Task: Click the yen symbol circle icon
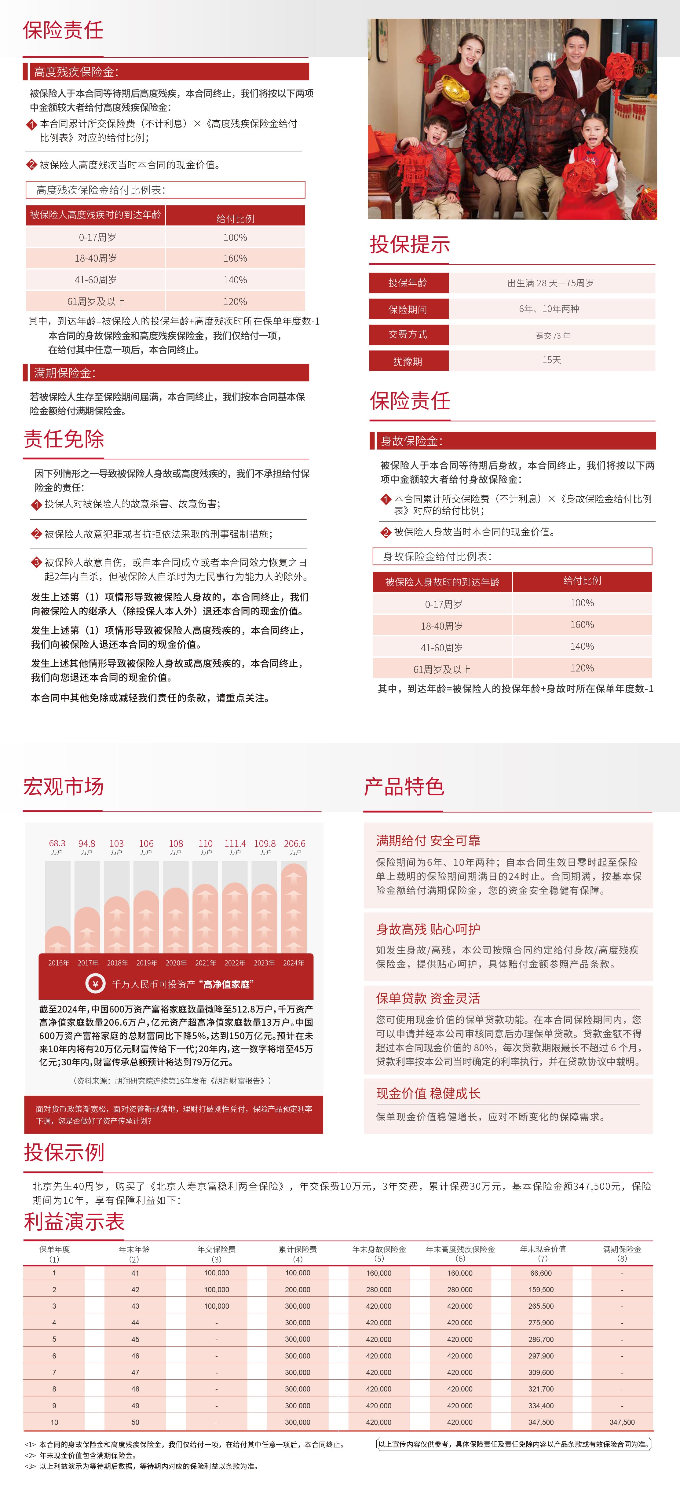[96, 983]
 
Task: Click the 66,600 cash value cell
[541, 1273]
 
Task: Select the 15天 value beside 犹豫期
[551, 360]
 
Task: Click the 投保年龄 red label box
[408, 283]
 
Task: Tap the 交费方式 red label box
[408, 334]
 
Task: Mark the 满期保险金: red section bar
[166, 373]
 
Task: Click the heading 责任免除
[64, 439]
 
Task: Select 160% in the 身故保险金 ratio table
[582, 625]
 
